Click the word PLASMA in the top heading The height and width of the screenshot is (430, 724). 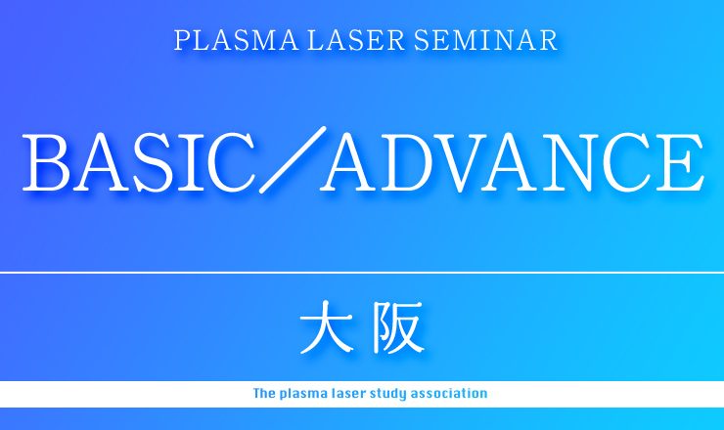click(236, 40)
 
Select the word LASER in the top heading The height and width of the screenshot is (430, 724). click(356, 40)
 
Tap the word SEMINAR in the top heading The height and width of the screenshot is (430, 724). click(485, 40)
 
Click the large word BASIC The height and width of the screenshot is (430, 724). click(139, 162)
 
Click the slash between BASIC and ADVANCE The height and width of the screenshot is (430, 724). click(293, 159)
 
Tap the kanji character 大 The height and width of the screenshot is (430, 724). click(326, 327)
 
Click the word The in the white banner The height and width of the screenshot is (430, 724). click(264, 394)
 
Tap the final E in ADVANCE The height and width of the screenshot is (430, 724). click(681, 162)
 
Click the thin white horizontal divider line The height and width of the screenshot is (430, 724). click(362, 273)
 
